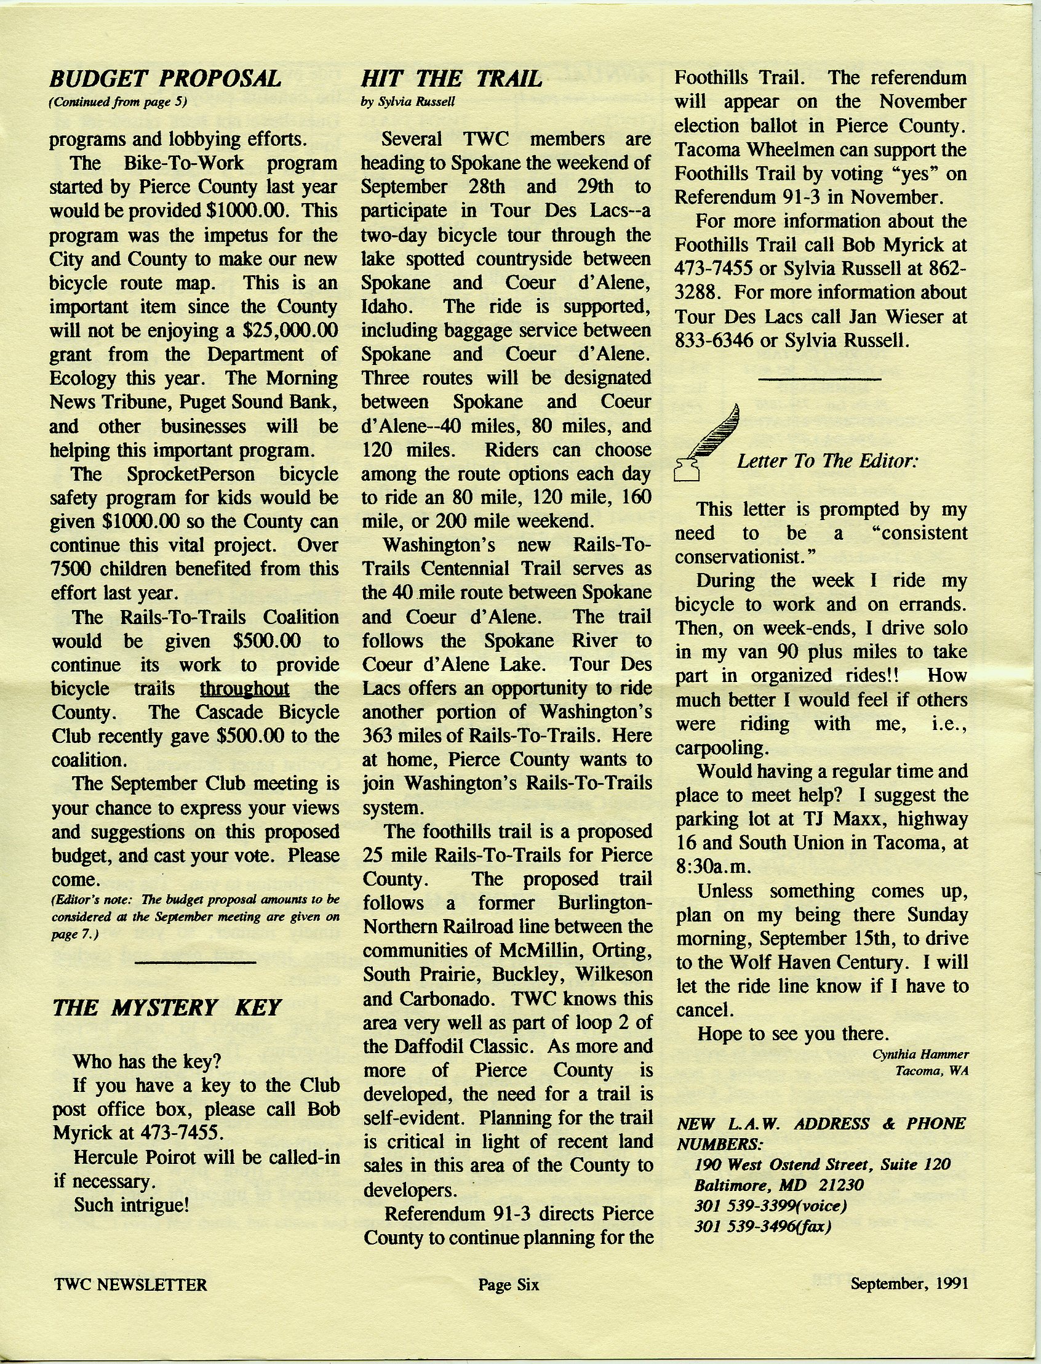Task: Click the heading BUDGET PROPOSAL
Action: pyautogui.click(x=166, y=79)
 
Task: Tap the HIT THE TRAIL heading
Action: pyautogui.click(x=451, y=79)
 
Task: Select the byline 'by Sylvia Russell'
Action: pyautogui.click(x=408, y=103)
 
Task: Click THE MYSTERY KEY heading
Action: pyautogui.click(x=167, y=1008)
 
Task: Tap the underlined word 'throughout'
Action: pyautogui.click(x=245, y=688)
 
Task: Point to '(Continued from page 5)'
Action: pyautogui.click(x=118, y=103)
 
